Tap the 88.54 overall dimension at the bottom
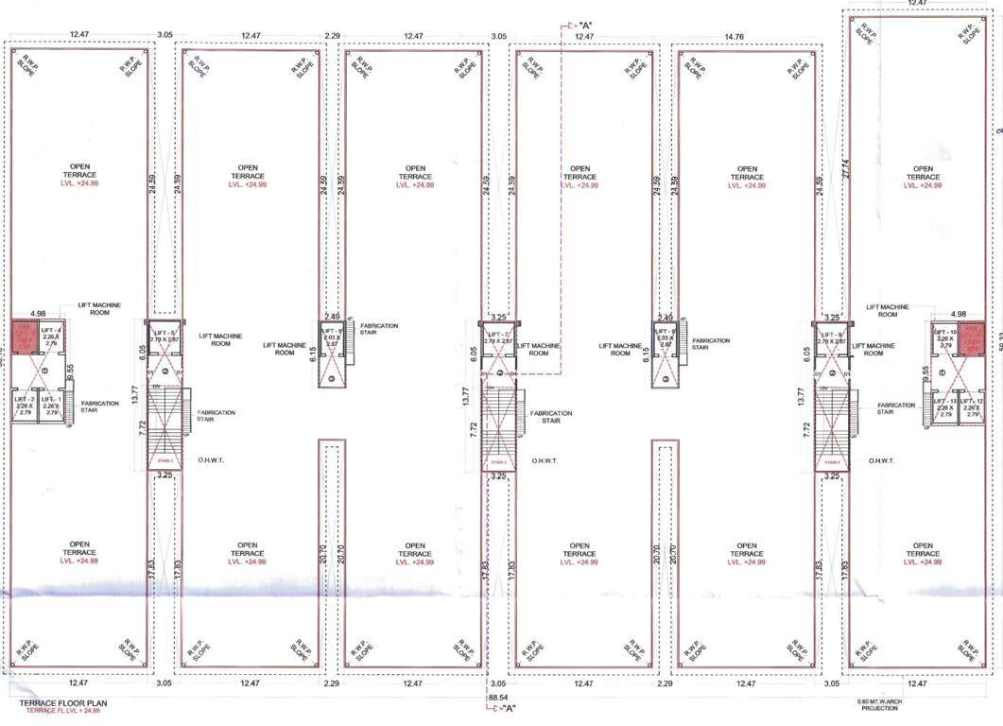coord(498,697)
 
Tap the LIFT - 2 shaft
coord(24,407)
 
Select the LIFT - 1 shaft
coord(52,407)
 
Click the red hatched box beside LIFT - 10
coord(974,336)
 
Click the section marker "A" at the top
coord(586,24)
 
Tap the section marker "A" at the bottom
coord(509,708)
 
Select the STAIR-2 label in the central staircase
coord(499,462)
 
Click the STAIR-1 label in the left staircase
coord(165,462)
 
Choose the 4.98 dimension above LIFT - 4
coord(38,313)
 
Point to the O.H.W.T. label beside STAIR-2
coord(545,461)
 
